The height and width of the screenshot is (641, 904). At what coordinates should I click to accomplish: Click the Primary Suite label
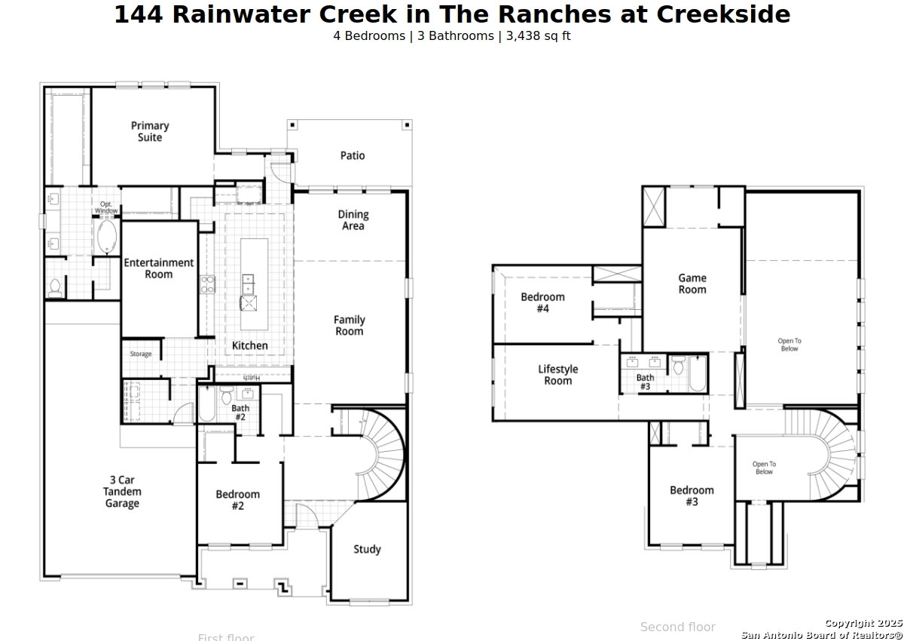(150, 131)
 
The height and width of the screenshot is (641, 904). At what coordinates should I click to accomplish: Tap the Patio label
(353, 155)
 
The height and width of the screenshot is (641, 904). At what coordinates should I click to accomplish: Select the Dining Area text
(353, 220)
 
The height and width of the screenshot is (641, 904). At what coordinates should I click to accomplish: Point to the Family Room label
(350, 326)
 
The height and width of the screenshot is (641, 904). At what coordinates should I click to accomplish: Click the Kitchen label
(249, 345)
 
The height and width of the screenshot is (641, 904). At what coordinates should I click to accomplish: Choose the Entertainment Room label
(159, 268)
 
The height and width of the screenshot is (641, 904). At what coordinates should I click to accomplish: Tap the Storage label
(141, 354)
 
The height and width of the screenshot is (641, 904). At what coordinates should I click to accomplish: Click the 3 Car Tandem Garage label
(122, 492)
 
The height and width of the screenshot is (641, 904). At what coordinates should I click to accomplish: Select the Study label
(367, 549)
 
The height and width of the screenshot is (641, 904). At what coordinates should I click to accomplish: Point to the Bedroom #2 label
(237, 500)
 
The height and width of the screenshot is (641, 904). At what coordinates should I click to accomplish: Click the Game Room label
(692, 284)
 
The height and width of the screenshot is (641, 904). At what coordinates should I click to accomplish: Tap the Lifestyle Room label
(558, 375)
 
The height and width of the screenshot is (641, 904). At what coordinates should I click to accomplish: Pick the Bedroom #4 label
(542, 302)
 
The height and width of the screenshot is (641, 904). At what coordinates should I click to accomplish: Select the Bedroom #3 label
(692, 495)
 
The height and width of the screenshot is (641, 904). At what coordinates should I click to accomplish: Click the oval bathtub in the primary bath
(106, 237)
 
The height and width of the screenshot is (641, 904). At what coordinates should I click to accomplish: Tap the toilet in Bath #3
(678, 367)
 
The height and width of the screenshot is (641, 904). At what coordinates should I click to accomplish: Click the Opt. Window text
(106, 207)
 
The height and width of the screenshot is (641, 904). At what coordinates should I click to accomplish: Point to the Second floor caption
(677, 627)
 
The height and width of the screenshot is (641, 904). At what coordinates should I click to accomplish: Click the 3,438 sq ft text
(536, 35)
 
